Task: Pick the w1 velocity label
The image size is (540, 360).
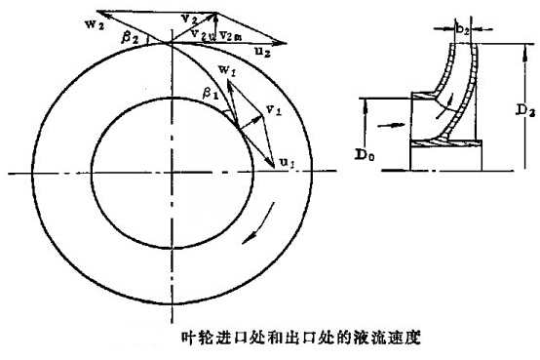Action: pos(227,71)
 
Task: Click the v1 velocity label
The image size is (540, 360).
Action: pos(274,109)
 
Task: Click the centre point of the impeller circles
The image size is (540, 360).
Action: pos(171,172)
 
